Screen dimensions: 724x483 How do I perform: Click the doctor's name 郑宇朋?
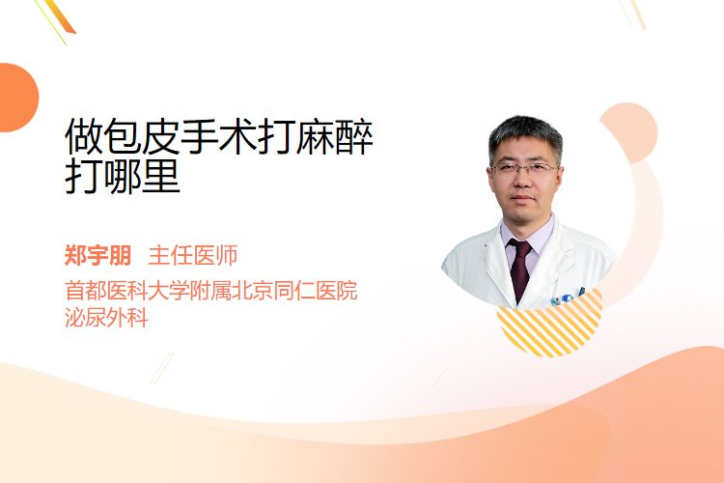pos(97,255)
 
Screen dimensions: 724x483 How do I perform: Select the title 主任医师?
pos(193,255)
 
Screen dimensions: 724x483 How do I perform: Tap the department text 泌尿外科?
pos(106,318)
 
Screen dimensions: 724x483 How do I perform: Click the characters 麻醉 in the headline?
pos(334,137)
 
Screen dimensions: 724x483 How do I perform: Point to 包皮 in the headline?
pos(141,137)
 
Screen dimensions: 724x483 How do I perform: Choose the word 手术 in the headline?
pos(218,137)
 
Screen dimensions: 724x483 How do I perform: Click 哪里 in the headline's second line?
pos(141,176)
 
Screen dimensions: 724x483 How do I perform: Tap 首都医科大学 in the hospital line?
pos(127,290)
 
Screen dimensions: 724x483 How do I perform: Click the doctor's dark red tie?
pos(520,270)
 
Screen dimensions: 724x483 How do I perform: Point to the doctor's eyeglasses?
pos(524,168)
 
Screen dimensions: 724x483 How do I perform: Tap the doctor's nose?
pos(523,182)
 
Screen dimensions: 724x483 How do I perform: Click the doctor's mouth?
pos(523,198)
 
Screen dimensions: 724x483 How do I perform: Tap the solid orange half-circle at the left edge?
pos(17,98)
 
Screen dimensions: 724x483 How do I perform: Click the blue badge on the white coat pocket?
pos(567,298)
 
